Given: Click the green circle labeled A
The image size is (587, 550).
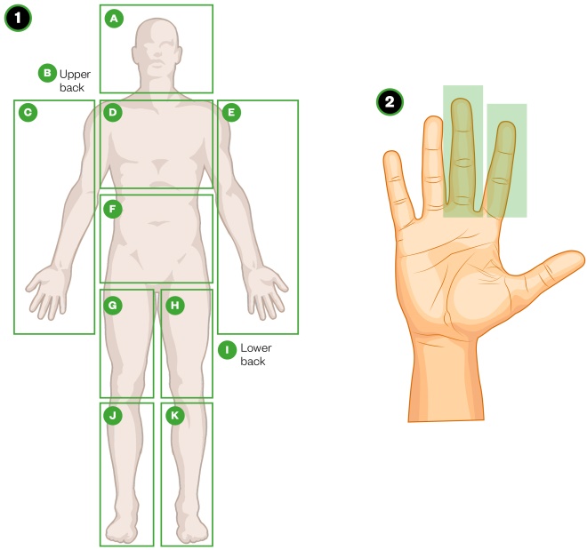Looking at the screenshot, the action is coord(114,19).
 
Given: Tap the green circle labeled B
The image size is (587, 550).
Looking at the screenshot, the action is coord(47,73).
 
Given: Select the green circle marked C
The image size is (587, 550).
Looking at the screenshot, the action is coord(28,112).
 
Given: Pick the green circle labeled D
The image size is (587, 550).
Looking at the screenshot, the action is coord(113,112).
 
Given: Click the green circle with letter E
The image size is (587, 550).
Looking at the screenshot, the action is coord(231,112).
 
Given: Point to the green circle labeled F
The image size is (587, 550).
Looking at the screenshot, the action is coord(113,209).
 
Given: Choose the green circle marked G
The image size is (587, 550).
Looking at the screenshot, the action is coord(113,306).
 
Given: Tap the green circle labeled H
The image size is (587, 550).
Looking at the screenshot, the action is coord(175,306).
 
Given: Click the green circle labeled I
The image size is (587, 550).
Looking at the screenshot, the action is coord(227,350).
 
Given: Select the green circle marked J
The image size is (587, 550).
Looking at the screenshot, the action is coord(113,416).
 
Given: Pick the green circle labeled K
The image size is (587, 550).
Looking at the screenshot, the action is coord(175,416).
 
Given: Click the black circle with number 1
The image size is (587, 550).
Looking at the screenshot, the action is coord(18,18).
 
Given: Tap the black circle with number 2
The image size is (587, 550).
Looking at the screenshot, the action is coord(390,101).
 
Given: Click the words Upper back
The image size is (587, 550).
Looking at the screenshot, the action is coord(75,81).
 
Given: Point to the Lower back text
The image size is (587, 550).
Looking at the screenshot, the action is coord(256,355).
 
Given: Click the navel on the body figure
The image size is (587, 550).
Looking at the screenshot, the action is coord(158,223).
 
